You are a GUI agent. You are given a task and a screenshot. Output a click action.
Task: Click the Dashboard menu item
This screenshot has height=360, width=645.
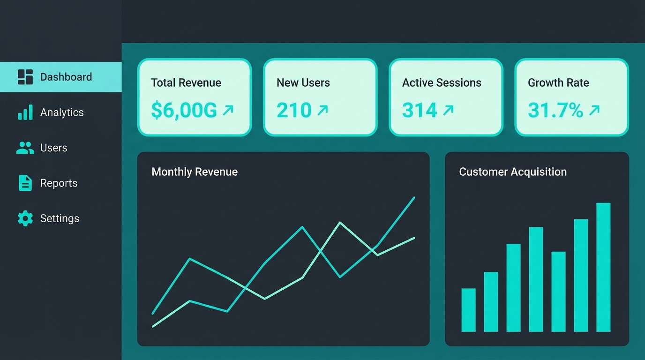point(66,77)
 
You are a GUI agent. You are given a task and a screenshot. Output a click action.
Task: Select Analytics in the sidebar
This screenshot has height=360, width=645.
point(61,112)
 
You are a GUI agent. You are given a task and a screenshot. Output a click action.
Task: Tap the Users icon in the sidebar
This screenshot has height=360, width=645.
point(25,148)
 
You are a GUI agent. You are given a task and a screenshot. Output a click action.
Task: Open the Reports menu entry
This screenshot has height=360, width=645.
point(59,183)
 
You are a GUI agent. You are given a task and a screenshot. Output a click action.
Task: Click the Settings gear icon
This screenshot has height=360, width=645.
point(25,218)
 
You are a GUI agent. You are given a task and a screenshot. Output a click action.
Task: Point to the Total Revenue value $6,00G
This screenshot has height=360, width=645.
point(184,110)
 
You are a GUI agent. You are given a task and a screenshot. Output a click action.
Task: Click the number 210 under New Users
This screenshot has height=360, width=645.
point(294,110)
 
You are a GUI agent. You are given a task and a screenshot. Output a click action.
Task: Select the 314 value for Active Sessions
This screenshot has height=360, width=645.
point(420,110)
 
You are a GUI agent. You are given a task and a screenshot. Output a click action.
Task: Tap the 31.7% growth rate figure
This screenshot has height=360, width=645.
point(555,110)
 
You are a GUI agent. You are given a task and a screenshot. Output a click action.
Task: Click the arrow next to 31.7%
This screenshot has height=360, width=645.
point(594,110)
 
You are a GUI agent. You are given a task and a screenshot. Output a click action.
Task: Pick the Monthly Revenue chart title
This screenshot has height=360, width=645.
point(195,172)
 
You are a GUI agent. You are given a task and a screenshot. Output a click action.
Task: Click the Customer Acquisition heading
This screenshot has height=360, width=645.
point(513,172)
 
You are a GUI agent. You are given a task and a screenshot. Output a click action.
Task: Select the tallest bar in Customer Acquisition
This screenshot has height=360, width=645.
point(603,267)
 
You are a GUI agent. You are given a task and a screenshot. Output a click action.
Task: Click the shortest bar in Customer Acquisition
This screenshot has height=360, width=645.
point(468,310)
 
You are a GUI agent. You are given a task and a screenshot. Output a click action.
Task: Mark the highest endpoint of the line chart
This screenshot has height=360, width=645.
point(414,197)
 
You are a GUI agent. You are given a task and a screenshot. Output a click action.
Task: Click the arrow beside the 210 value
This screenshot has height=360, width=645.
point(322,110)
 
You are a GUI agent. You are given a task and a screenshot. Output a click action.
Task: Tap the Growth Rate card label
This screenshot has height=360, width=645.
point(558,83)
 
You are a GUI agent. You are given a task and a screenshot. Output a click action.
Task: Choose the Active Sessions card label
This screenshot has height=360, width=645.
point(442,83)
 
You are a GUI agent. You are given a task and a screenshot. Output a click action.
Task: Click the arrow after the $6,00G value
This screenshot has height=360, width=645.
point(228,110)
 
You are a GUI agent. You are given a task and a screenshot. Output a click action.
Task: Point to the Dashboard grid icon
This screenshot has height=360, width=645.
point(25,77)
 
